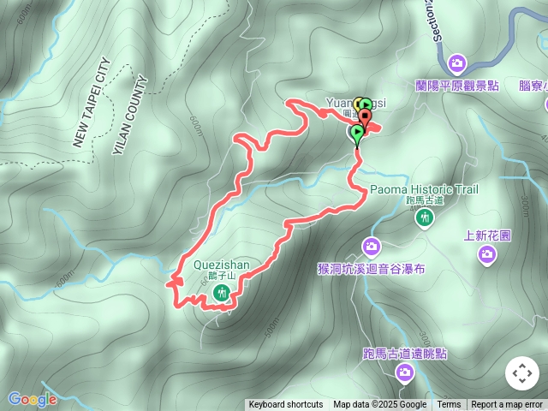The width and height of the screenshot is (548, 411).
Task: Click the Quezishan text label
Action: click(216, 265)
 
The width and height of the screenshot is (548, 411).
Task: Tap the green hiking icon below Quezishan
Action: click(221, 294)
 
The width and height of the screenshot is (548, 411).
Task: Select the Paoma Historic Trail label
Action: click(424, 189)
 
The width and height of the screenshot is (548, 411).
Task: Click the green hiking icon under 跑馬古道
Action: click(424, 218)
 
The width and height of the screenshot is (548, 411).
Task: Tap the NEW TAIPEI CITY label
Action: click(92, 103)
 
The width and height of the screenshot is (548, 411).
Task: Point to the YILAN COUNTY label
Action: click(131, 116)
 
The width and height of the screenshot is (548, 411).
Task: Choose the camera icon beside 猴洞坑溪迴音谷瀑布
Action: click(371, 247)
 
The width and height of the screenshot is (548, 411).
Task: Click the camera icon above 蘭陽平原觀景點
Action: click(457, 63)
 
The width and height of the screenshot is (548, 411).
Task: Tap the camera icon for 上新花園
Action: click(487, 253)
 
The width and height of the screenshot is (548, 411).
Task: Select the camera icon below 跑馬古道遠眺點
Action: click(404, 372)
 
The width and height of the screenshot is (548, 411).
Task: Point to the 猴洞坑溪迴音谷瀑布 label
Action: click(371, 267)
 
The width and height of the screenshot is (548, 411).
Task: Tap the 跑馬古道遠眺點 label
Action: click(404, 353)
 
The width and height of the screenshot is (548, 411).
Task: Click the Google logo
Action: click(32, 399)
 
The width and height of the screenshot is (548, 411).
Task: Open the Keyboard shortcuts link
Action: click(286, 405)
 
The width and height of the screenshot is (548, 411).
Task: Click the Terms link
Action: click(449, 405)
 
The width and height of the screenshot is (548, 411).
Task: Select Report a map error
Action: click(507, 405)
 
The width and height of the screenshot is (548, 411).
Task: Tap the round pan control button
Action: click(521, 374)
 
